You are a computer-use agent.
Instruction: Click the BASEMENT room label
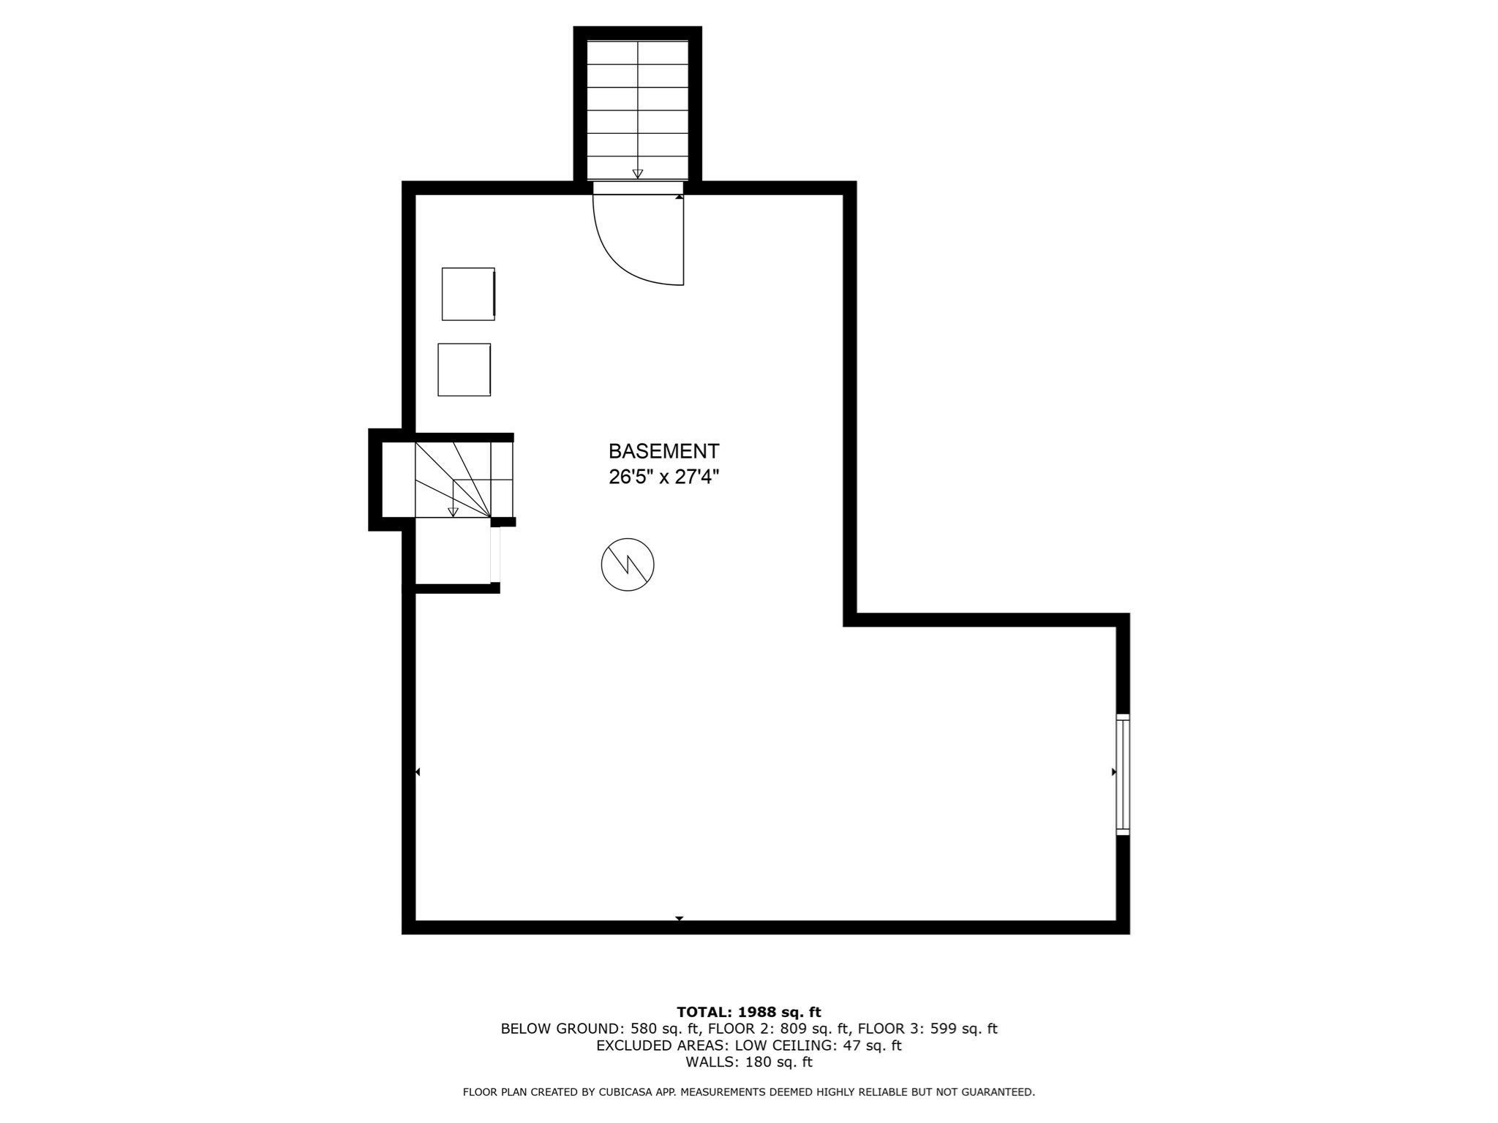(x=663, y=451)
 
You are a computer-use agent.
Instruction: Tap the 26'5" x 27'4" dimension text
(x=663, y=477)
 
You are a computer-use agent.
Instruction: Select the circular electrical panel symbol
(x=628, y=564)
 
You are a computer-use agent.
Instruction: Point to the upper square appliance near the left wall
(x=468, y=294)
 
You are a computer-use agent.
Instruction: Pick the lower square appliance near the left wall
(x=464, y=370)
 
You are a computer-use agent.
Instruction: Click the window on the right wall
(x=1122, y=774)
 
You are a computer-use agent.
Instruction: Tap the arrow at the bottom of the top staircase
(x=638, y=173)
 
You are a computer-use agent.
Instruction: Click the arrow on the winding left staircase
(x=453, y=512)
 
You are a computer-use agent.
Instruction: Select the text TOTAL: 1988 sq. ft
(x=748, y=1013)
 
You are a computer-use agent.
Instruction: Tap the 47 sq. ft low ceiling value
(x=872, y=1046)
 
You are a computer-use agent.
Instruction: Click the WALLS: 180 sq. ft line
(x=748, y=1062)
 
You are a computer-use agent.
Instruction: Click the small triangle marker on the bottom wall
(x=680, y=918)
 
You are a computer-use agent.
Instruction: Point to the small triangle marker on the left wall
(x=418, y=772)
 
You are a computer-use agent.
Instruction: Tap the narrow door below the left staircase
(x=495, y=554)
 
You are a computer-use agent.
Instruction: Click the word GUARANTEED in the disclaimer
(x=997, y=1092)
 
